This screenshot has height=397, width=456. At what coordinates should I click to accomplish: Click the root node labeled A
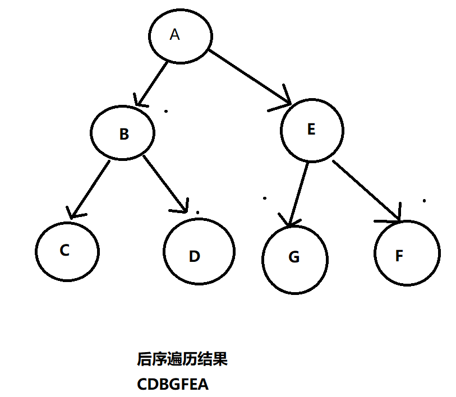(181, 36)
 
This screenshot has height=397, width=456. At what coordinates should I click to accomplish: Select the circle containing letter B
(122, 133)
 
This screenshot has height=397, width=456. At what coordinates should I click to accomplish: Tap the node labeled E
(312, 131)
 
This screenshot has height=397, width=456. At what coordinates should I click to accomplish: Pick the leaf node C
(67, 250)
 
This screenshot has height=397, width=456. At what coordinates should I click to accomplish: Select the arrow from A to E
(250, 77)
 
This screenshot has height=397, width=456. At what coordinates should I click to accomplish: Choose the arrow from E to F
(366, 190)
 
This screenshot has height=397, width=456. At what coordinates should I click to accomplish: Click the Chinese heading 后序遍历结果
(182, 359)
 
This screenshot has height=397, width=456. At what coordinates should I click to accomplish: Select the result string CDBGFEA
(172, 385)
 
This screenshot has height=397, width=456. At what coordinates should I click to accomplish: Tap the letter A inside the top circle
(174, 35)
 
